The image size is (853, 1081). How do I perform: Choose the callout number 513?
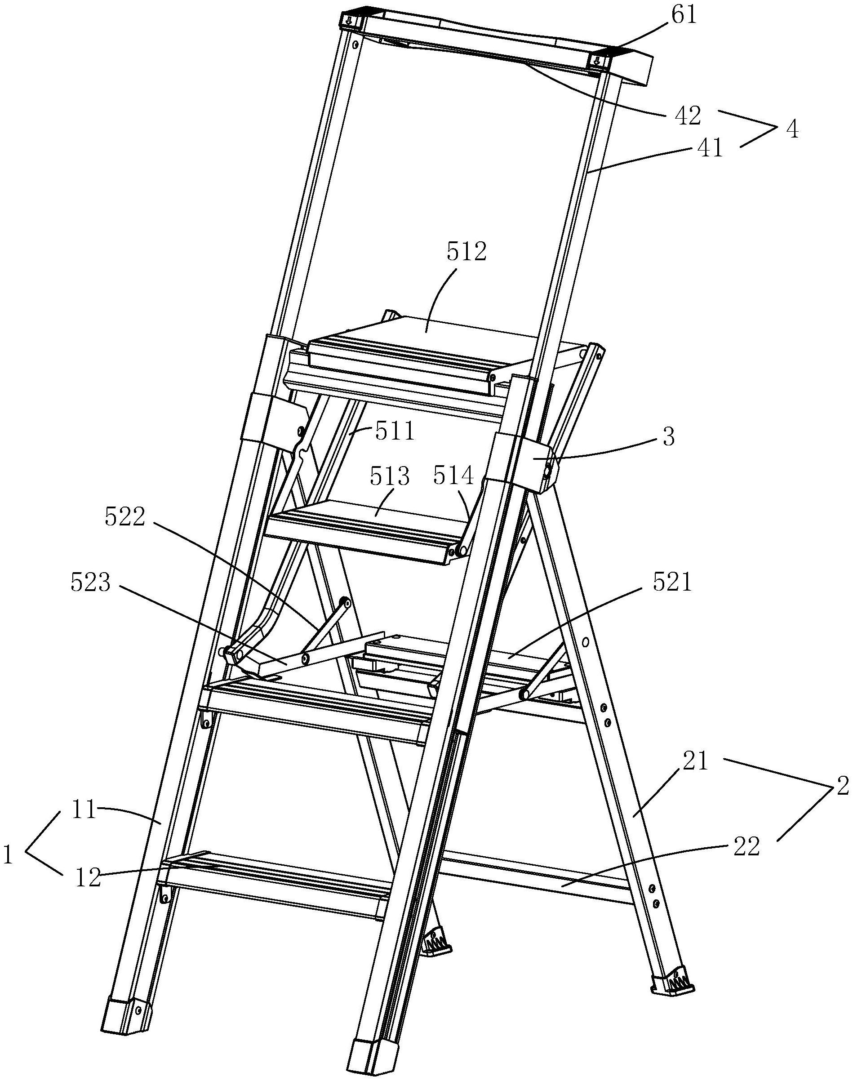(x=390, y=477)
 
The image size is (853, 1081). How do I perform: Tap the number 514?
(x=453, y=476)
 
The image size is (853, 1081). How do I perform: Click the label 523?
(x=90, y=583)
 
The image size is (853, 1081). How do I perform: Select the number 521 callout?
(x=672, y=583)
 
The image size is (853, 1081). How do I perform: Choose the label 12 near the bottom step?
(x=89, y=878)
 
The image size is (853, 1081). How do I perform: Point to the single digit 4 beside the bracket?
(x=791, y=130)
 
